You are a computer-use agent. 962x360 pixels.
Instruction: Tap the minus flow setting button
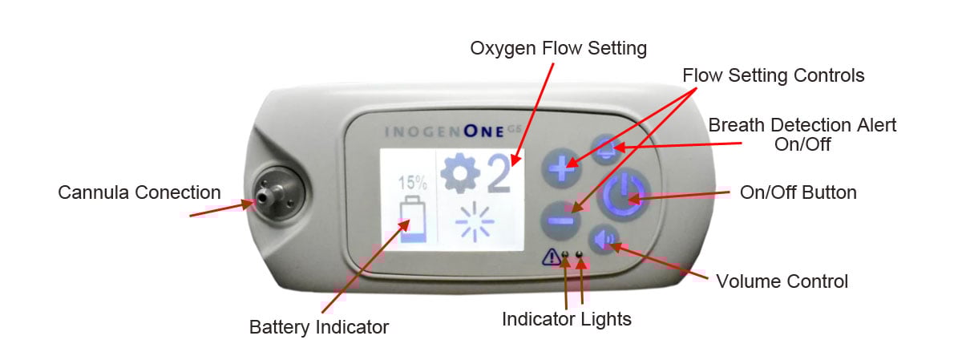(560, 220)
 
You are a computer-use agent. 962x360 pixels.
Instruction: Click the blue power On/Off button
(624, 195)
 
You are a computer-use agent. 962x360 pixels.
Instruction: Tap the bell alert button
(606, 149)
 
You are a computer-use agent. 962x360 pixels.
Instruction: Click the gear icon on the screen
(460, 172)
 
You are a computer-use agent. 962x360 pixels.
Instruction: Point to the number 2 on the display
(499, 173)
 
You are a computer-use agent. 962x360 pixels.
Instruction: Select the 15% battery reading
(412, 183)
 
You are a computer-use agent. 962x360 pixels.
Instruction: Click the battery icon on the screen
(413, 219)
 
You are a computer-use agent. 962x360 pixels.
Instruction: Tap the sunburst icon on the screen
(475, 221)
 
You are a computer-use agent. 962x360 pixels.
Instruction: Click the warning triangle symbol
(551, 257)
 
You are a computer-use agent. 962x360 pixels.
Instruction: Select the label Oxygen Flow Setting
(558, 48)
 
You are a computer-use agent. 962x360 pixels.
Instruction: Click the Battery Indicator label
(319, 327)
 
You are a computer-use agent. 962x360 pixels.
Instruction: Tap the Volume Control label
(782, 281)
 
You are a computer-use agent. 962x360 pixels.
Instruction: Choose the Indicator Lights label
(567, 319)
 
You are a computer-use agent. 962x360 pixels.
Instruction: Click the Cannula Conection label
(139, 192)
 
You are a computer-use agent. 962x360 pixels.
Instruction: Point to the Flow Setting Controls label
(773, 75)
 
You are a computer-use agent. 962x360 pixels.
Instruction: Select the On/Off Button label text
(798, 192)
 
